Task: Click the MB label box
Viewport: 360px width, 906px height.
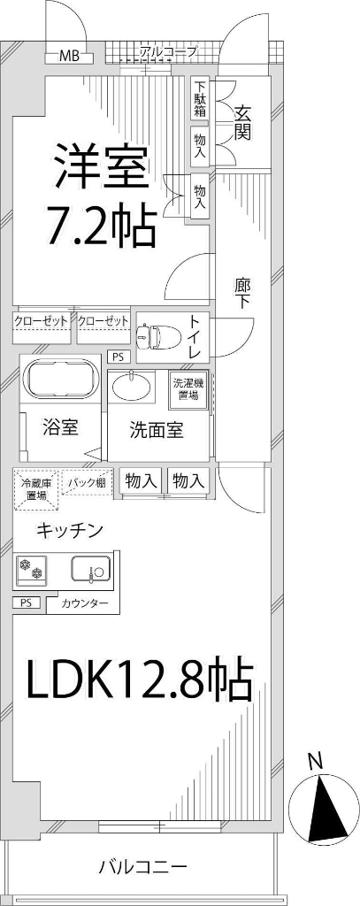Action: pyautogui.click(x=69, y=57)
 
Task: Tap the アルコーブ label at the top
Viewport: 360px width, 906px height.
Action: pyautogui.click(x=168, y=53)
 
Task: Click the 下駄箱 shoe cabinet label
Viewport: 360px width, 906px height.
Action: pyautogui.click(x=200, y=99)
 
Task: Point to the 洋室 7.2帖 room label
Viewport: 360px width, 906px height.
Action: pyautogui.click(x=101, y=195)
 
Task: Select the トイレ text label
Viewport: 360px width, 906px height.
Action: pyautogui.click(x=197, y=337)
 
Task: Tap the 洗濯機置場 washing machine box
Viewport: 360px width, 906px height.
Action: pyautogui.click(x=189, y=390)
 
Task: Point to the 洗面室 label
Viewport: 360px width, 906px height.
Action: pyautogui.click(x=157, y=431)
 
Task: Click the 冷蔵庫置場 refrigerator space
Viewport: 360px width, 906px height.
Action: pyautogui.click(x=35, y=489)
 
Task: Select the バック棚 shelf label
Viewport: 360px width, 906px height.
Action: pyautogui.click(x=87, y=483)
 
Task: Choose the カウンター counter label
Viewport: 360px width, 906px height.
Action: pyautogui.click(x=85, y=603)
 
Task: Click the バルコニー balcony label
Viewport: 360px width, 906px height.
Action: pyautogui.click(x=142, y=867)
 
